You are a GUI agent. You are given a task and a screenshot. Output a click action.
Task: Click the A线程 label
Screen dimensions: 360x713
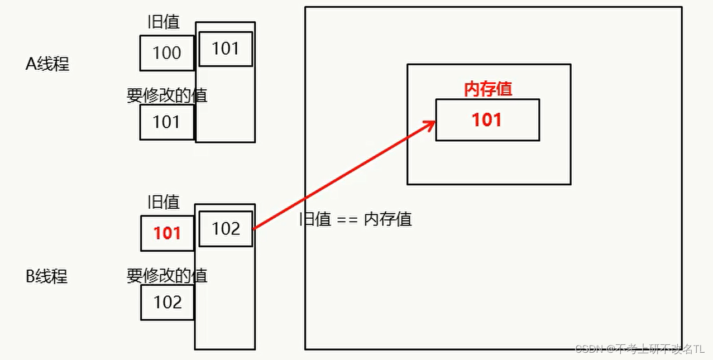[47, 64]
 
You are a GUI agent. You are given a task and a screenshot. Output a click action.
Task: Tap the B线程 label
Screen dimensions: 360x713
[47, 276]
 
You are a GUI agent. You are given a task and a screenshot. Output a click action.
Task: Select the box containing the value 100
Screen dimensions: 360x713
[167, 53]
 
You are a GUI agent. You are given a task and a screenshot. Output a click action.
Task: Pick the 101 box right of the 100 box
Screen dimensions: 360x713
[226, 49]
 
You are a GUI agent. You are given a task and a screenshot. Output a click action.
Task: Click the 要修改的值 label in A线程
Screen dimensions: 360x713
[167, 95]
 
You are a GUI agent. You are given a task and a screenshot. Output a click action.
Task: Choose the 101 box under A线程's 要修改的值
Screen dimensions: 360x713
[166, 122]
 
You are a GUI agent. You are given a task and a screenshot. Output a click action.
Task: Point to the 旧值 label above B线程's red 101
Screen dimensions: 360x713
[164, 202]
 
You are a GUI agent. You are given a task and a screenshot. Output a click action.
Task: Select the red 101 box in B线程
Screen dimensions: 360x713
[167, 233]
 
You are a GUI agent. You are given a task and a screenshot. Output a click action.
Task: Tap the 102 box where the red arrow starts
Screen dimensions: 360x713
[226, 228]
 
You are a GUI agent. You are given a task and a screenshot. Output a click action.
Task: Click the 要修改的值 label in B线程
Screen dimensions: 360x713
[167, 275]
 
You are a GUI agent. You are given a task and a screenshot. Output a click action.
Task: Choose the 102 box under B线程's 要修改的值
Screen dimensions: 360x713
[168, 302]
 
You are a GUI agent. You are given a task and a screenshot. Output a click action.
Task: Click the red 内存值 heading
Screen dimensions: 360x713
[488, 89]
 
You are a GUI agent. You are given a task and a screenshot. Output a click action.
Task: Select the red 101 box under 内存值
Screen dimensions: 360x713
[487, 120]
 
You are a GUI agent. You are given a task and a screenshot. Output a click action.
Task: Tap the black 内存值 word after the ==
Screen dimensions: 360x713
[388, 219]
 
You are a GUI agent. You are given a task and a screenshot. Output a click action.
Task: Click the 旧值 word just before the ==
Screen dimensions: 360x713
[316, 219]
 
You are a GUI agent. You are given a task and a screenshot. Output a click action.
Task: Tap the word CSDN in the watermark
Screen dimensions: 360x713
[587, 349]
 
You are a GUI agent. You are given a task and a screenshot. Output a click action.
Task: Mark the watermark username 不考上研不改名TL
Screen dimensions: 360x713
[660, 349]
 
